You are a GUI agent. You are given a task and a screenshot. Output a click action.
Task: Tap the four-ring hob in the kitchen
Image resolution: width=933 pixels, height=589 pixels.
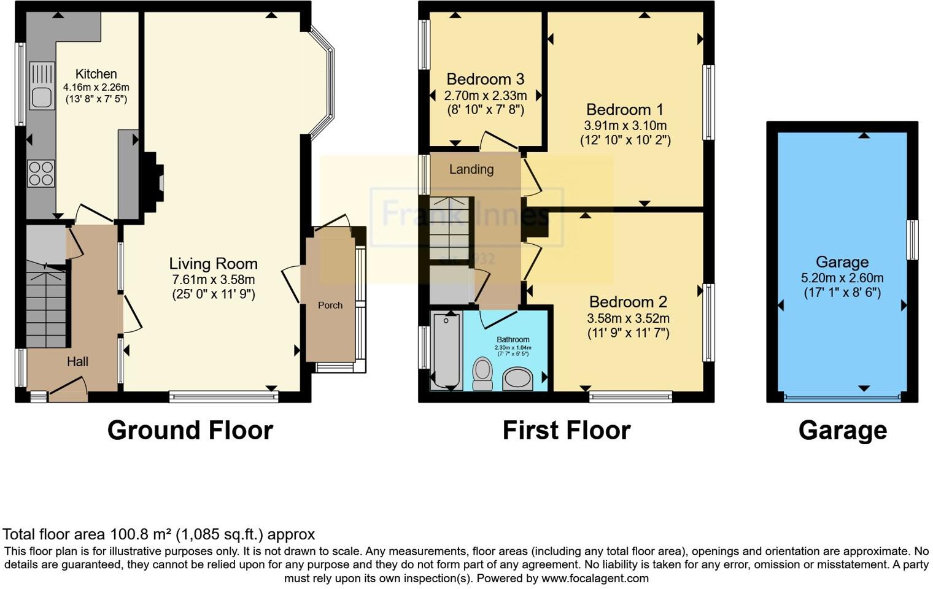coord(41,172)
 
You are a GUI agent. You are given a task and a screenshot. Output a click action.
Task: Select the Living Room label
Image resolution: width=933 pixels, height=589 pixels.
coord(213,264)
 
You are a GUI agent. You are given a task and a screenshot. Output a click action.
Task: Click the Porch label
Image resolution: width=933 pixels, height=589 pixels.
coord(330,305)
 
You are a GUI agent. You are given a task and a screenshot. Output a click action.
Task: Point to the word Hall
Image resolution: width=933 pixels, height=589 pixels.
coord(77,362)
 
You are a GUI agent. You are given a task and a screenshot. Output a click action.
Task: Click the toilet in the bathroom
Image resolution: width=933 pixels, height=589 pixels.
coord(483,374)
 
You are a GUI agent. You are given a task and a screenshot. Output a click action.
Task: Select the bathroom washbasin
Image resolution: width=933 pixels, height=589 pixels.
coord(518,379)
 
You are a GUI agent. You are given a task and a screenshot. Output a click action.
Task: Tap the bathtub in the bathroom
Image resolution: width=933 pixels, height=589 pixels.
coord(446,350)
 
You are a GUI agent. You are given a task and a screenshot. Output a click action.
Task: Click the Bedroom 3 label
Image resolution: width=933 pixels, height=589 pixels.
coord(485,79)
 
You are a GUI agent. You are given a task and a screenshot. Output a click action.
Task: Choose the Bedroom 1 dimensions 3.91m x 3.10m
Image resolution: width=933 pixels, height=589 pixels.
coord(625,126)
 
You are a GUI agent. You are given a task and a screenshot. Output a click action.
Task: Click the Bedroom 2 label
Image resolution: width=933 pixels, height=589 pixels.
coord(628,302)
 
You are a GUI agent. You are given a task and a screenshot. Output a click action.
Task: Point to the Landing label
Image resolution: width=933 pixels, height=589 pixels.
coord(471,169)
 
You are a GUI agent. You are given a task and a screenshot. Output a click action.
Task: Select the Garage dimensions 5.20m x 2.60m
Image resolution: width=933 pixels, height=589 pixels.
coord(842,278)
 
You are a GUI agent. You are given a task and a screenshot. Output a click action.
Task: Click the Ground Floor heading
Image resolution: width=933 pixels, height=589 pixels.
coord(190,430)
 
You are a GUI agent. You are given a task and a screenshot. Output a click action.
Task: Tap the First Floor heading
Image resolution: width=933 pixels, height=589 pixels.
coord(566,430)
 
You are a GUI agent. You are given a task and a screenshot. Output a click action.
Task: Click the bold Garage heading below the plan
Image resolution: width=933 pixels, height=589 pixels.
coord(842,430)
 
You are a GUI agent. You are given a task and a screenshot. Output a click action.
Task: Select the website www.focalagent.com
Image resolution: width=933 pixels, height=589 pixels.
coord(595,578)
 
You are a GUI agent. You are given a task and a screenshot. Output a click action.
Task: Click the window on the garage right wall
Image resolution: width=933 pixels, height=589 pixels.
coord(912,239)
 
